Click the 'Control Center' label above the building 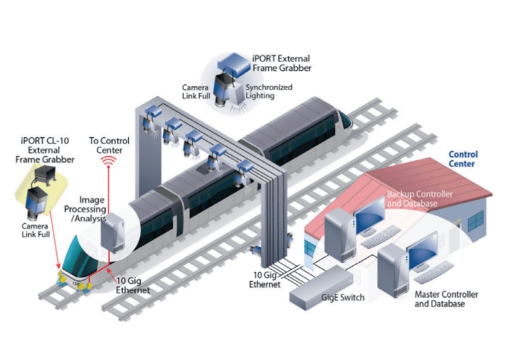[463, 159]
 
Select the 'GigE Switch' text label [342, 298]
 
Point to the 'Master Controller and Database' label [446, 299]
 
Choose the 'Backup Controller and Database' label [419, 198]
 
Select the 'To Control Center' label [109, 145]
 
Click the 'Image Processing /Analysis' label [85, 209]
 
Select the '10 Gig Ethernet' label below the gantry [265, 280]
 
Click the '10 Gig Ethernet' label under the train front [133, 285]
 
